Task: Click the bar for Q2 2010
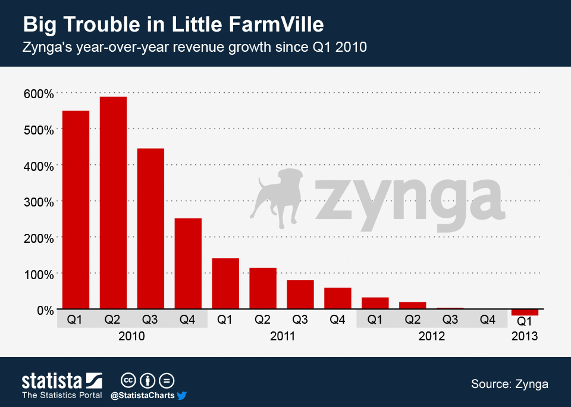pyautogui.click(x=113, y=202)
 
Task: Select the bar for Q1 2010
pyautogui.click(x=76, y=209)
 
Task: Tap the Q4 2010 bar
pyautogui.click(x=188, y=264)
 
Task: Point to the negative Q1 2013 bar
pyautogui.click(x=525, y=312)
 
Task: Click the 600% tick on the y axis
pyautogui.click(x=39, y=93)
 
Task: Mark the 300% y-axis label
pyautogui.click(x=39, y=202)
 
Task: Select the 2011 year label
pyautogui.click(x=282, y=336)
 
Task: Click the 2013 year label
pyautogui.click(x=524, y=336)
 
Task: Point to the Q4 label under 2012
pyautogui.click(x=488, y=320)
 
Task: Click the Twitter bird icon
pyautogui.click(x=182, y=395)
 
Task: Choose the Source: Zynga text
pyautogui.click(x=509, y=384)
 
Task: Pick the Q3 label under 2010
pyautogui.click(x=150, y=320)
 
